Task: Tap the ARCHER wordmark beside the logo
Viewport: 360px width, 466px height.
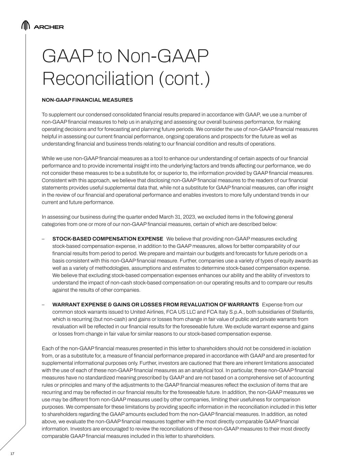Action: [x=49, y=27]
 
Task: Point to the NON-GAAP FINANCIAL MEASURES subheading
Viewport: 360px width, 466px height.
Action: [x=87, y=100]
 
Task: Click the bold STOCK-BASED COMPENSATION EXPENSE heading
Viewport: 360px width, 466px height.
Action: [x=107, y=239]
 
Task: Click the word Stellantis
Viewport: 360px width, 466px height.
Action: [x=301, y=312]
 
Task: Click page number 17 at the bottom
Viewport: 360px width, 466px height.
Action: [x=13, y=453]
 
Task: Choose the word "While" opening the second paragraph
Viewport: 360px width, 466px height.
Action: [x=48, y=158]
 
